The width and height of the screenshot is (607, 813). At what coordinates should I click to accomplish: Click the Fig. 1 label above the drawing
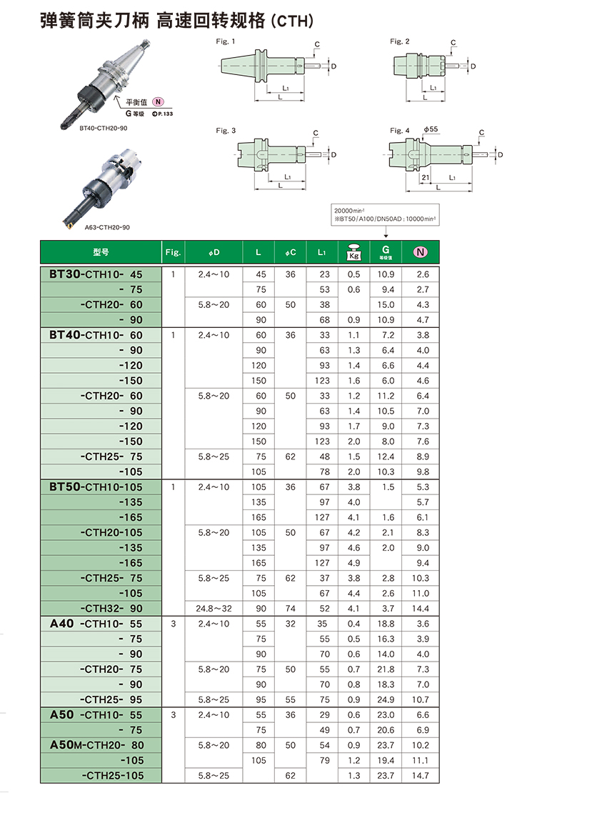pyautogui.click(x=226, y=41)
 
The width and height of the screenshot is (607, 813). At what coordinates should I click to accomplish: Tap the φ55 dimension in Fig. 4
pyautogui.click(x=431, y=130)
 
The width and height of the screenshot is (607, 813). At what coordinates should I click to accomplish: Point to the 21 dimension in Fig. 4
pyautogui.click(x=425, y=176)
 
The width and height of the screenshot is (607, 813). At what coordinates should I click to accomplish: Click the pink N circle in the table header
pyautogui.click(x=421, y=251)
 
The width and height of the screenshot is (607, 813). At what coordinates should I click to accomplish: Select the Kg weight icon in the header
pyautogui.click(x=353, y=252)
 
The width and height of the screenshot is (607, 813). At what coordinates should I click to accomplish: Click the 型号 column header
pyautogui.click(x=101, y=252)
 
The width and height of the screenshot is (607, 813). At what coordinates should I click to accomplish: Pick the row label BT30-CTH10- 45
pyautogui.click(x=96, y=274)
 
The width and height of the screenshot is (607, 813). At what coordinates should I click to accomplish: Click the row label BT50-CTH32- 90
pyautogui.click(x=112, y=608)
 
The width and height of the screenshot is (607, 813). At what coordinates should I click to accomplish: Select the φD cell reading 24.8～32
pyautogui.click(x=214, y=609)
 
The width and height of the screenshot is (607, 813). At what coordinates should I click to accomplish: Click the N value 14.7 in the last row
pyautogui.click(x=422, y=776)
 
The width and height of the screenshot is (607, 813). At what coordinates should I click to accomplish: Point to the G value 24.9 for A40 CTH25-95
pyautogui.click(x=385, y=699)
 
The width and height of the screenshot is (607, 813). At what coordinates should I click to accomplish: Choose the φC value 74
pyautogui.click(x=290, y=609)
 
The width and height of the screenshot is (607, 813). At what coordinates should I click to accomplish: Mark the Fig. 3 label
pyautogui.click(x=226, y=131)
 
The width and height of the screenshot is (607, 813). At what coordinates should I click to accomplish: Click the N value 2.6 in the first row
pyautogui.click(x=422, y=274)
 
